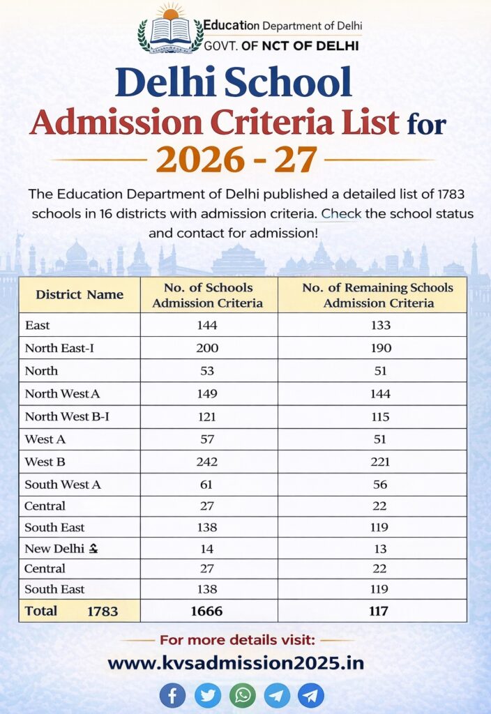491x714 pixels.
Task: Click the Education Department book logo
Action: click(x=170, y=32)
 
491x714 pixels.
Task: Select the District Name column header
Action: click(x=80, y=294)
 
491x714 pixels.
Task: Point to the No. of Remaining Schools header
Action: click(x=378, y=295)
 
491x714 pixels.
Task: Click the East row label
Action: click(x=37, y=325)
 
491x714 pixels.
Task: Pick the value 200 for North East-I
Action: click(x=207, y=348)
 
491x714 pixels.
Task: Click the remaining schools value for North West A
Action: click(x=381, y=394)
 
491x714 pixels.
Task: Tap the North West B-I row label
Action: click(x=67, y=417)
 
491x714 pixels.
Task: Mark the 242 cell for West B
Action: click(x=207, y=462)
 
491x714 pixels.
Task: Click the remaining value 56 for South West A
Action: click(x=380, y=485)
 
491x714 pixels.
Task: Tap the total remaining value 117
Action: click(x=378, y=612)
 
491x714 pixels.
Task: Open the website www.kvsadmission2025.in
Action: click(x=236, y=662)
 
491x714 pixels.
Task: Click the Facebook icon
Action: click(x=172, y=695)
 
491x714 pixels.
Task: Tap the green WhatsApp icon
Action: click(x=242, y=695)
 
